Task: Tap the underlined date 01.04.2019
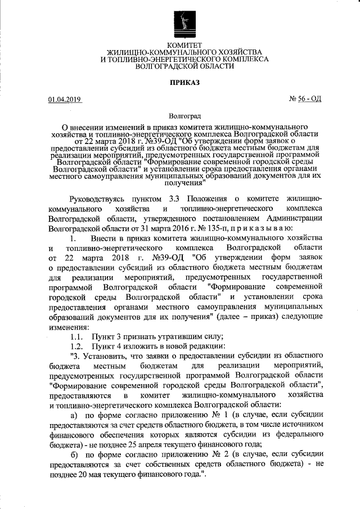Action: pos(65,100)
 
